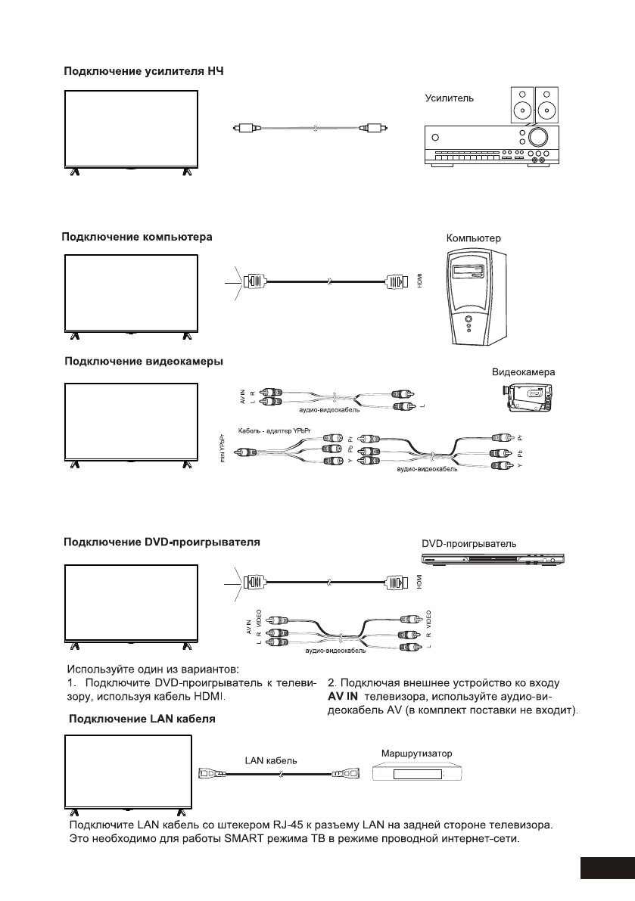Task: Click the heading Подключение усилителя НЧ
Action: tap(143, 72)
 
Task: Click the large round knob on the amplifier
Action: tap(539, 137)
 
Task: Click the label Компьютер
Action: tap(474, 238)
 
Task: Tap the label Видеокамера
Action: tap(524, 373)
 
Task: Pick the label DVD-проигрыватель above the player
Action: tap(468, 543)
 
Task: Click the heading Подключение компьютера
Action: tap(136, 236)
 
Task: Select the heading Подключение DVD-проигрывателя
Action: tap(161, 542)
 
